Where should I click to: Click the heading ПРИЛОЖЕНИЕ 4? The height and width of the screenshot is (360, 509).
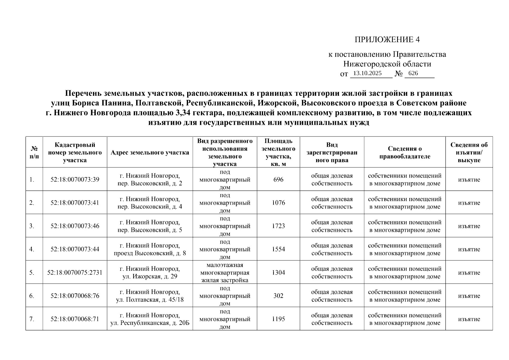[x=387, y=40]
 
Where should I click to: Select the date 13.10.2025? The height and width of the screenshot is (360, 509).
[x=367, y=73]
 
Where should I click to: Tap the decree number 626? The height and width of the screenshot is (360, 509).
[x=413, y=73]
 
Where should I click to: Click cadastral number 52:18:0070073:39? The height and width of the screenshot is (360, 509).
[x=75, y=179]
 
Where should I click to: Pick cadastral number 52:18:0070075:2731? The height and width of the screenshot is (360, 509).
[x=75, y=272]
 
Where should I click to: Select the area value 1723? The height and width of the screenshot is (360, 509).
[x=278, y=226]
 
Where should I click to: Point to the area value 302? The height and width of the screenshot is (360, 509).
[x=278, y=295]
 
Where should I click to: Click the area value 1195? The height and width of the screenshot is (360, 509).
[x=278, y=319]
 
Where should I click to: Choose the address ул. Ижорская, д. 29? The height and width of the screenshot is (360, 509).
[x=150, y=276]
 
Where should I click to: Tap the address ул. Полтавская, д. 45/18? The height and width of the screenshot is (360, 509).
[x=150, y=299]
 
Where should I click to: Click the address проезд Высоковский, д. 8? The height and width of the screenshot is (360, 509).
[x=150, y=253]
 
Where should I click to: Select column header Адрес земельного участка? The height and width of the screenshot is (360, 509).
[x=150, y=152]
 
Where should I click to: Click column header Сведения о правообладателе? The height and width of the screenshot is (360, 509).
[x=405, y=152]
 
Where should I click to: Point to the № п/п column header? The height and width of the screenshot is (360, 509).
[x=34, y=152]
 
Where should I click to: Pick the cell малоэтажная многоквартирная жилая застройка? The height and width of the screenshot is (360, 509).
[x=225, y=272]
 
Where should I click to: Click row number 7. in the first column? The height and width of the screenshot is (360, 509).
[x=32, y=319]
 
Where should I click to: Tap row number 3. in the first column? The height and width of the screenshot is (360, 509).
[x=32, y=226]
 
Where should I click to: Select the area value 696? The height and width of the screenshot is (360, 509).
[x=278, y=179]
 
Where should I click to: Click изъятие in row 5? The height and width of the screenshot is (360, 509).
[x=469, y=272]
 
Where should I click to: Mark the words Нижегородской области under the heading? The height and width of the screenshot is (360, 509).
[x=387, y=64]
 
